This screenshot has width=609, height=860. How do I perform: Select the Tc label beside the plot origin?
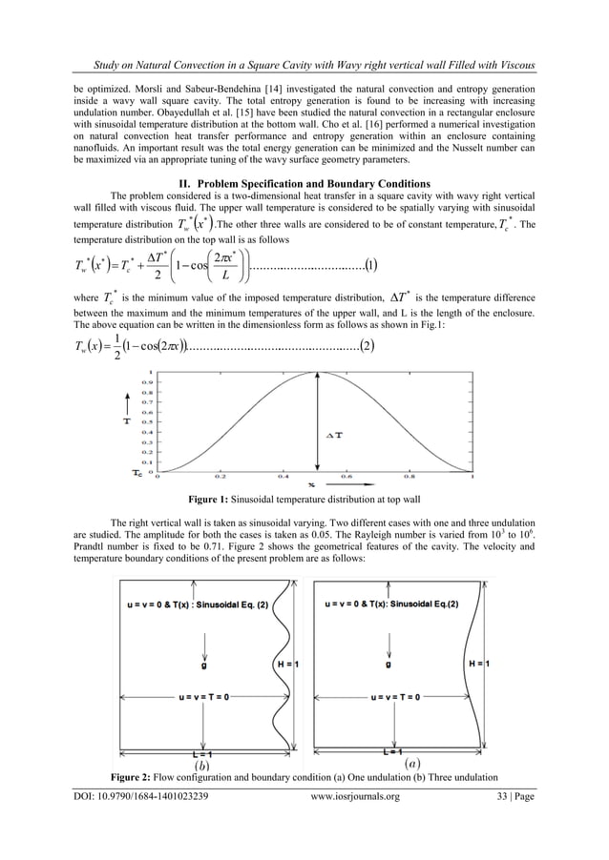(x=137, y=470)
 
